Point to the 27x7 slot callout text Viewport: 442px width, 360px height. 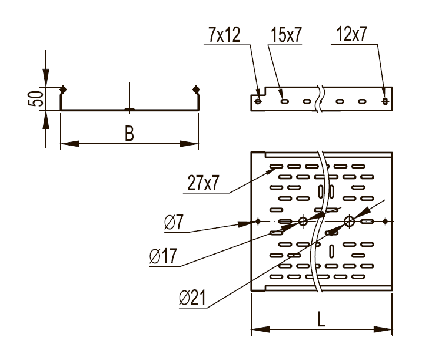pos(204,183)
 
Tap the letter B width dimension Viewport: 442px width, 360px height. pos(128,134)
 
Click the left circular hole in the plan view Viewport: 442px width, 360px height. pos(303,222)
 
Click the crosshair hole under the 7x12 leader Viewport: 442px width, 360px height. pos(258,101)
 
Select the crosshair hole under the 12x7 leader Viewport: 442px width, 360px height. pos(385,101)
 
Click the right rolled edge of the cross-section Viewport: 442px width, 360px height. pos(197,90)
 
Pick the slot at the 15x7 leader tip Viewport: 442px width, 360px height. pos(284,101)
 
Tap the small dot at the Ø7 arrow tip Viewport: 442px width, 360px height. pos(258,222)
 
